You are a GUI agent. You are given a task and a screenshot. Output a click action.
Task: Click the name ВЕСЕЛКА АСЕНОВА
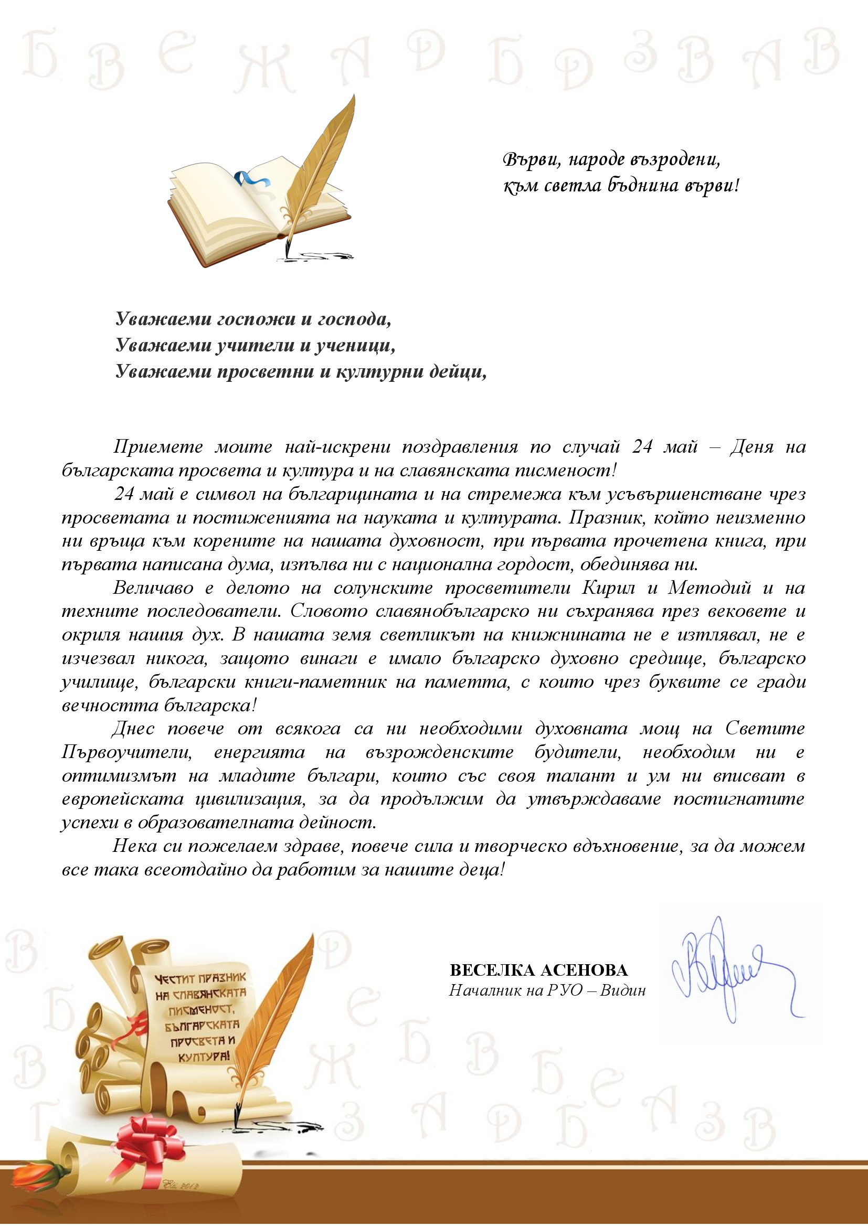click(539, 970)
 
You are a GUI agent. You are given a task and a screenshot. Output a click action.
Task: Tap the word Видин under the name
click(623, 990)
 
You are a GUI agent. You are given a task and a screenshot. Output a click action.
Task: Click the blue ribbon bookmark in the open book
click(250, 179)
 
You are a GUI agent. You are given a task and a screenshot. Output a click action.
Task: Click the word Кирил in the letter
click(609, 588)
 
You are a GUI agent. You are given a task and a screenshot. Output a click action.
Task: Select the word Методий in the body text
click(710, 588)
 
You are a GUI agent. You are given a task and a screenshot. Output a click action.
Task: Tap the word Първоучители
click(126, 752)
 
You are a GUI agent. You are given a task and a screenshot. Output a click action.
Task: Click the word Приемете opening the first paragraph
click(158, 447)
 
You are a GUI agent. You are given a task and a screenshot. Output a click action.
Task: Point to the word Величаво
click(153, 588)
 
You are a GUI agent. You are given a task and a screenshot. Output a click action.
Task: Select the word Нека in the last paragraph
click(134, 847)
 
